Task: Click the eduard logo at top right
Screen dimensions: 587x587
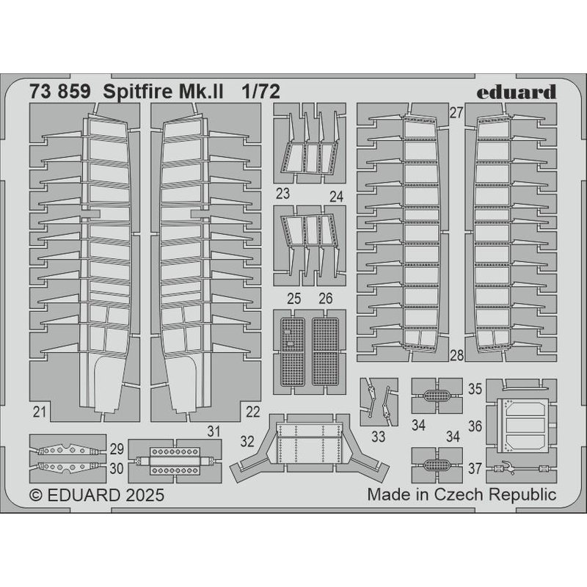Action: click(x=517, y=92)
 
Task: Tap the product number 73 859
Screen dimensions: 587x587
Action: click(x=60, y=92)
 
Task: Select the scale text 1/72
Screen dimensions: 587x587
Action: click(x=260, y=92)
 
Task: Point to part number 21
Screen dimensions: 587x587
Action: click(x=40, y=412)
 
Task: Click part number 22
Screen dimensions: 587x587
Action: click(x=253, y=412)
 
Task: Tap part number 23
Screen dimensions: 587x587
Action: click(x=282, y=194)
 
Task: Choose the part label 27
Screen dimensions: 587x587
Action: click(x=456, y=113)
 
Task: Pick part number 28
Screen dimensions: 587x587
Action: click(x=457, y=355)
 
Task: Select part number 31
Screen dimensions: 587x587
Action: click(x=214, y=431)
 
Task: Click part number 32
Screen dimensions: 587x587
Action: click(x=247, y=442)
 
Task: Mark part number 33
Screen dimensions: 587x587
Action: click(x=379, y=437)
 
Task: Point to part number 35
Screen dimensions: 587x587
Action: click(x=475, y=389)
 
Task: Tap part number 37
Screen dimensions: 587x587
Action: click(x=475, y=468)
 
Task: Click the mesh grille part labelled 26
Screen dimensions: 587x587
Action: click(x=325, y=351)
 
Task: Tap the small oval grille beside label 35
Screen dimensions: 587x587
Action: click(x=437, y=395)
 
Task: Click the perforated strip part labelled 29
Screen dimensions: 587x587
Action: click(x=68, y=450)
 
